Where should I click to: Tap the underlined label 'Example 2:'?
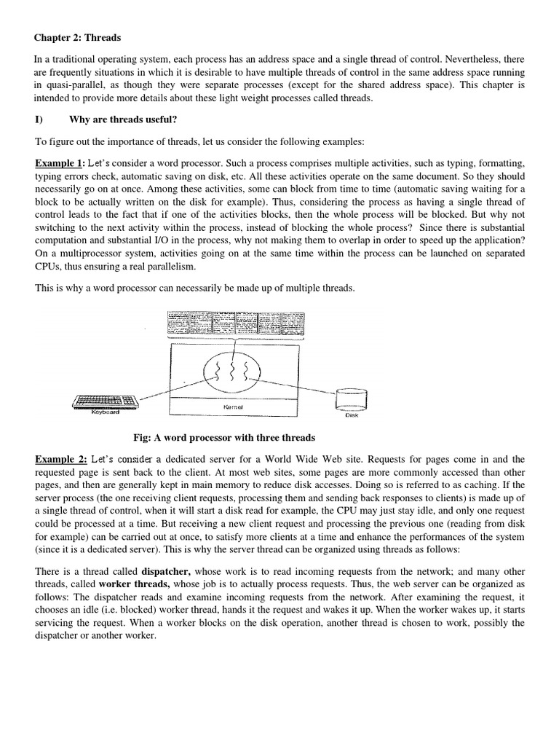61,459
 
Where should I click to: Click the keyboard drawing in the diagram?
106,401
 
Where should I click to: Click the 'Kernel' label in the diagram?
233,407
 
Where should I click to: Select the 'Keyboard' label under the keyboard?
105,412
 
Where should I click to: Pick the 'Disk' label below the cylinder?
352,415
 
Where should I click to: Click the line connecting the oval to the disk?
306,382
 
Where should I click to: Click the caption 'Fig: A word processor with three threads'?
224,438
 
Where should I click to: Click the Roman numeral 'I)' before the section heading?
40,120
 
